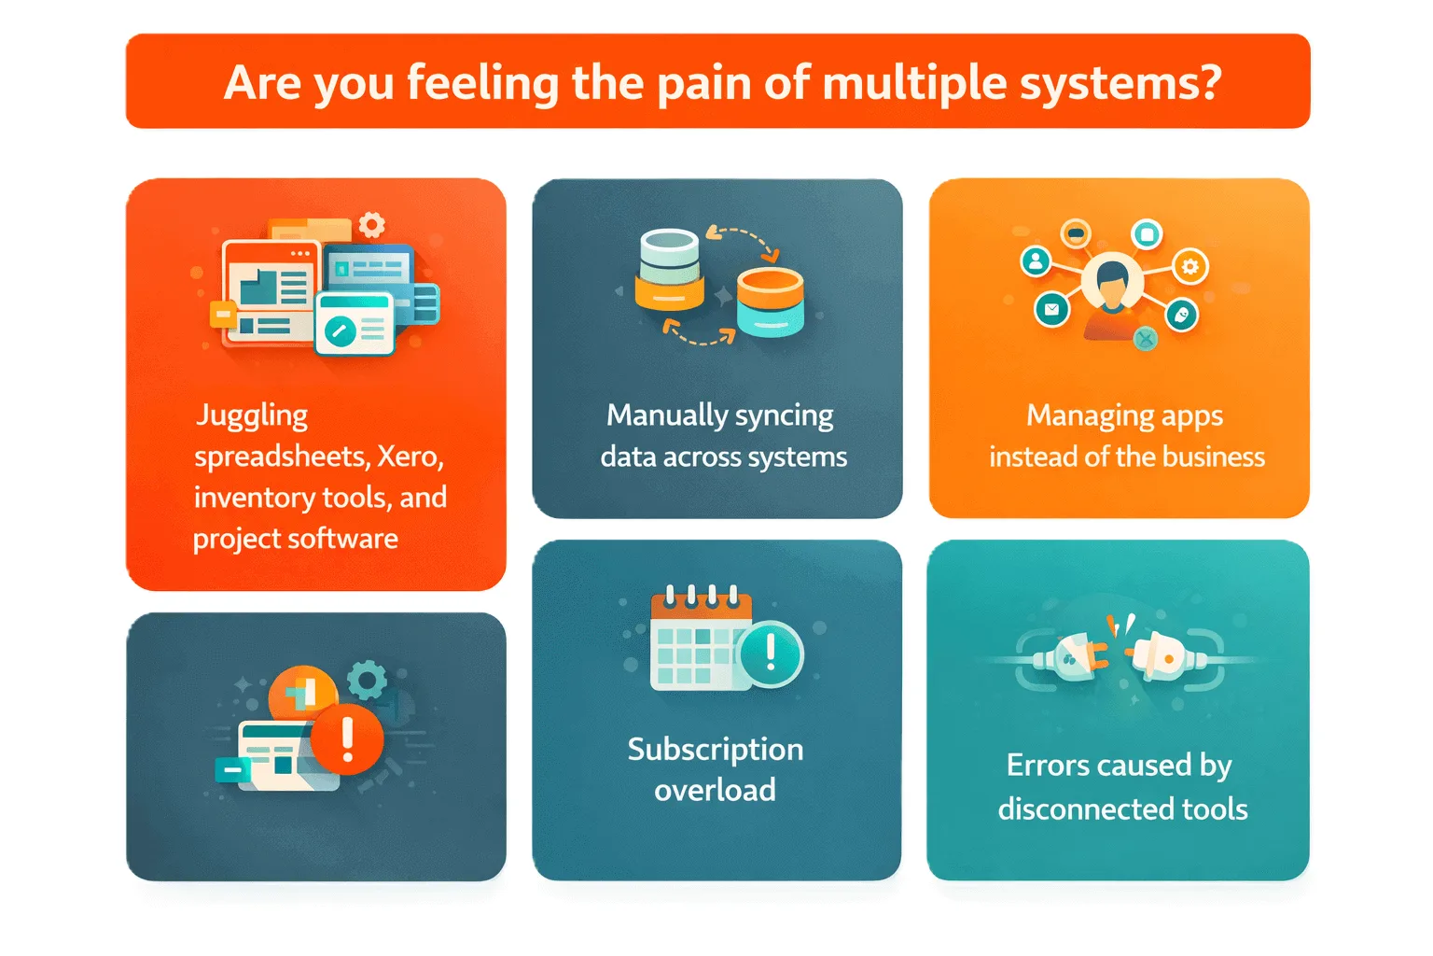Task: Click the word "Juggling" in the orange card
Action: pyautogui.click(x=252, y=415)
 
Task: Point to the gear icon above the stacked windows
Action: pyautogui.click(x=372, y=225)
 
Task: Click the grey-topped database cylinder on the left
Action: pyautogui.click(x=670, y=270)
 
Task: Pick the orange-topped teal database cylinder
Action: pyautogui.click(x=770, y=302)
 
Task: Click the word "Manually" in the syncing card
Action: pyautogui.click(x=667, y=415)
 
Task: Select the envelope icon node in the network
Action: pyautogui.click(x=1052, y=309)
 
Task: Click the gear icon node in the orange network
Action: pyautogui.click(x=1190, y=267)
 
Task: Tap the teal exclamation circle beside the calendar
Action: pyautogui.click(x=770, y=654)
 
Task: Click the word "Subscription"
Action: pyautogui.click(x=715, y=749)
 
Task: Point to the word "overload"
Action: pyautogui.click(x=715, y=790)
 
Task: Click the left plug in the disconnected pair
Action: pyautogui.click(x=1073, y=657)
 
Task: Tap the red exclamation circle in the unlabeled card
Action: pyautogui.click(x=347, y=739)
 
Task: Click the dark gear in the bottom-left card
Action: pyautogui.click(x=367, y=680)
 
